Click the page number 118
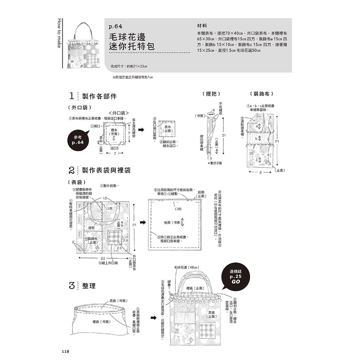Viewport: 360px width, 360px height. (65, 352)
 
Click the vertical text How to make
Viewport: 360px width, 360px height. (58, 32)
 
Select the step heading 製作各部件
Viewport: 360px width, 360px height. (99, 96)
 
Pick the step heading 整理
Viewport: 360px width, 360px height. (89, 286)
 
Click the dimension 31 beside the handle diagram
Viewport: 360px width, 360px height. (223, 135)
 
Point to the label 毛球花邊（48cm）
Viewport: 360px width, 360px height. (187, 267)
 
